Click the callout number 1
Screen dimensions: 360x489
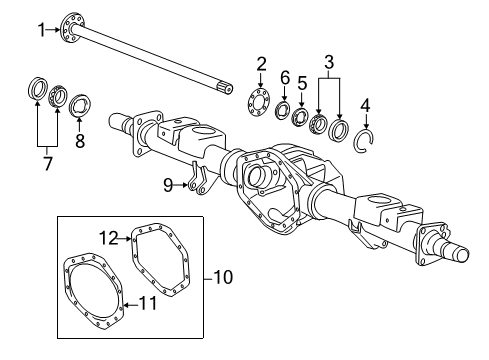coord(42,29)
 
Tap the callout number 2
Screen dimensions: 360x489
coord(260,65)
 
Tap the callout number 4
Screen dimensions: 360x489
coord(365,103)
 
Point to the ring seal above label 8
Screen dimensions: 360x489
coord(80,102)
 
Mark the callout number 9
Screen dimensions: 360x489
coord(169,183)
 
